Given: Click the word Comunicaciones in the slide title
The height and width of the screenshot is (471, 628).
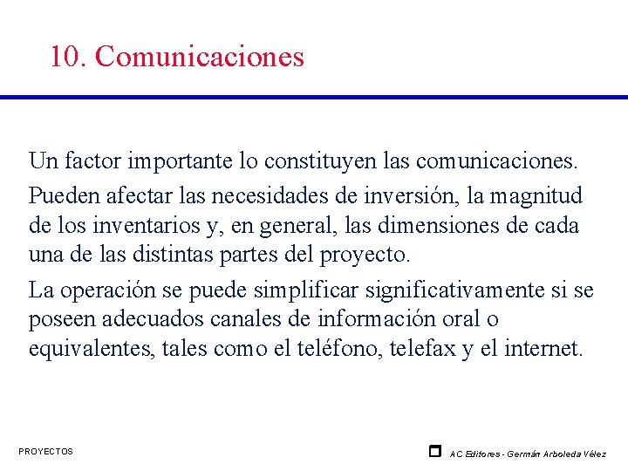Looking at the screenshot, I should tap(200, 57).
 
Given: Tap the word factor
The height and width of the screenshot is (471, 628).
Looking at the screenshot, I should tap(92, 161).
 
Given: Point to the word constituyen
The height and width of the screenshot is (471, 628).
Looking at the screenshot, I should tap(291, 161).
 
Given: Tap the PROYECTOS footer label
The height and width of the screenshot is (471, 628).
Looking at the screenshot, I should tap(45, 451).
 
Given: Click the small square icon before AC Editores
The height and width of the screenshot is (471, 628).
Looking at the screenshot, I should tap(434, 451).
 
